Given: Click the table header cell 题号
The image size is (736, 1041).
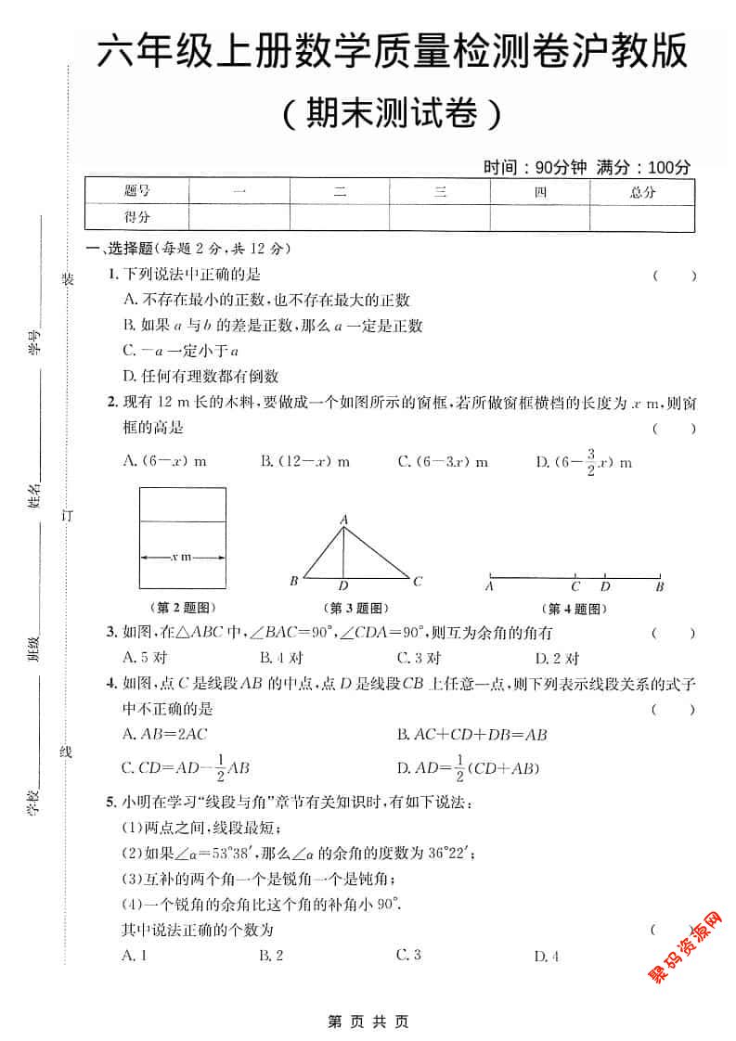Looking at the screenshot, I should (137, 192).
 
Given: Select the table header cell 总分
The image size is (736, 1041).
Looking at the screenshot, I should (642, 192).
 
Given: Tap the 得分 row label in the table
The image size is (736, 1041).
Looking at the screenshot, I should (137, 217).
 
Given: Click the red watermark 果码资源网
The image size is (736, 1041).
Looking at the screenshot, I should (684, 946).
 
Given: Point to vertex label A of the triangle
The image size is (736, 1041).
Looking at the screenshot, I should (343, 520).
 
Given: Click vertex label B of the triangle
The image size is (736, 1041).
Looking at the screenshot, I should (293, 582).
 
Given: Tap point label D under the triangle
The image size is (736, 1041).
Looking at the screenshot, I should (343, 586).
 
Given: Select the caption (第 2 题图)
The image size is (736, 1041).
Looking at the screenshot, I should (182, 609).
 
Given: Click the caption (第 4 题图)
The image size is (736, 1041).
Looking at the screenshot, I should (575, 609).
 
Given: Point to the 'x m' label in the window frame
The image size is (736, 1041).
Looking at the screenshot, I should (182, 557).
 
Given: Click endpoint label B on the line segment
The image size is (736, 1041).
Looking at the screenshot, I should (659, 586).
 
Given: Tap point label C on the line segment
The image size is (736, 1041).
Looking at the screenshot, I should (575, 586).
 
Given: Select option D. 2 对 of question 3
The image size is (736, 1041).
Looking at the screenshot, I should (557, 658).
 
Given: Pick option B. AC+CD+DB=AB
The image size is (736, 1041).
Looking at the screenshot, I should (471, 735).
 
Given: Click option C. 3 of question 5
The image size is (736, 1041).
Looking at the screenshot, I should (408, 955).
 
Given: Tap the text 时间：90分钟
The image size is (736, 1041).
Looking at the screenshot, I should (535, 168).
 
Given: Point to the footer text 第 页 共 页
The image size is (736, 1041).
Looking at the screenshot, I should (368, 1022).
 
